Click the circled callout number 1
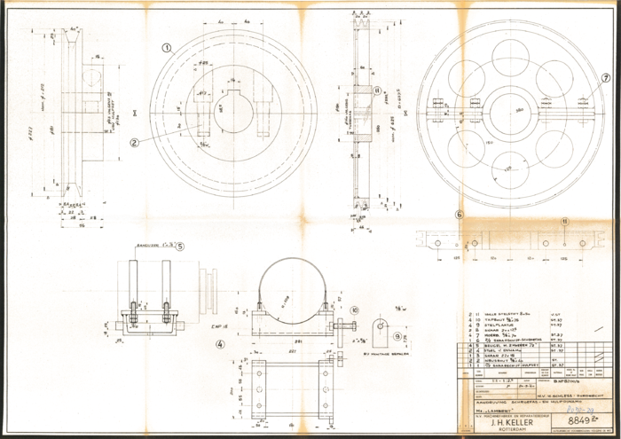(166, 46)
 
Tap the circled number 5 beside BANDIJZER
(180, 246)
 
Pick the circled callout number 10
(354, 310)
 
